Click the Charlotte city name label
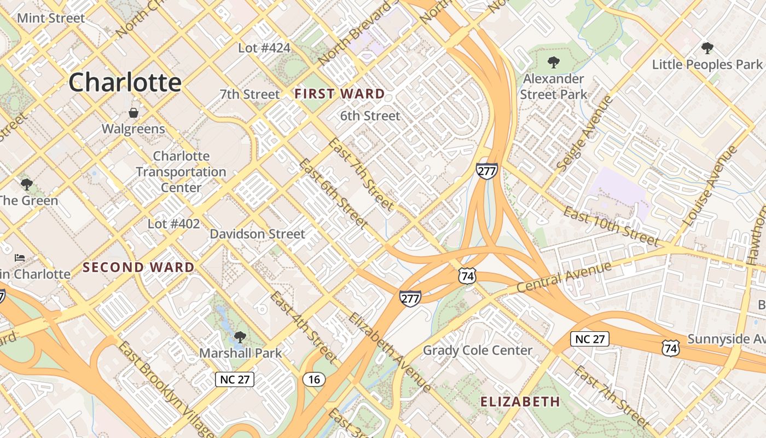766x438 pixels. pyautogui.click(x=125, y=83)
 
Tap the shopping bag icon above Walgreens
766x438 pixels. pyautogui.click(x=133, y=113)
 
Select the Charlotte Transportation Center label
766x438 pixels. pyautogui.click(x=181, y=172)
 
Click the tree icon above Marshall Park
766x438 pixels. pyautogui.click(x=240, y=337)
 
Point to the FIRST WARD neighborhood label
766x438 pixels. pyautogui.click(x=340, y=94)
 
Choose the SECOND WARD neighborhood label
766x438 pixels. pyautogui.click(x=138, y=268)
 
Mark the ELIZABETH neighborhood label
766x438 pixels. pyautogui.click(x=520, y=402)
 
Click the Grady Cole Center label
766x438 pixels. pyautogui.click(x=478, y=350)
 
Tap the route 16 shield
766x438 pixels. pyautogui.click(x=314, y=379)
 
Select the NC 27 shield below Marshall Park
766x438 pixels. pyautogui.click(x=235, y=379)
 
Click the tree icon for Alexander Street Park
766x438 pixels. pyautogui.click(x=553, y=62)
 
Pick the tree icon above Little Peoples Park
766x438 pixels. pyautogui.click(x=707, y=48)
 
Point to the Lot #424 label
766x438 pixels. pyautogui.click(x=264, y=48)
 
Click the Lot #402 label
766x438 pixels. pyautogui.click(x=173, y=224)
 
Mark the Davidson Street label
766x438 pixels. pyautogui.click(x=258, y=234)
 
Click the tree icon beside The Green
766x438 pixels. pyautogui.click(x=26, y=185)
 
